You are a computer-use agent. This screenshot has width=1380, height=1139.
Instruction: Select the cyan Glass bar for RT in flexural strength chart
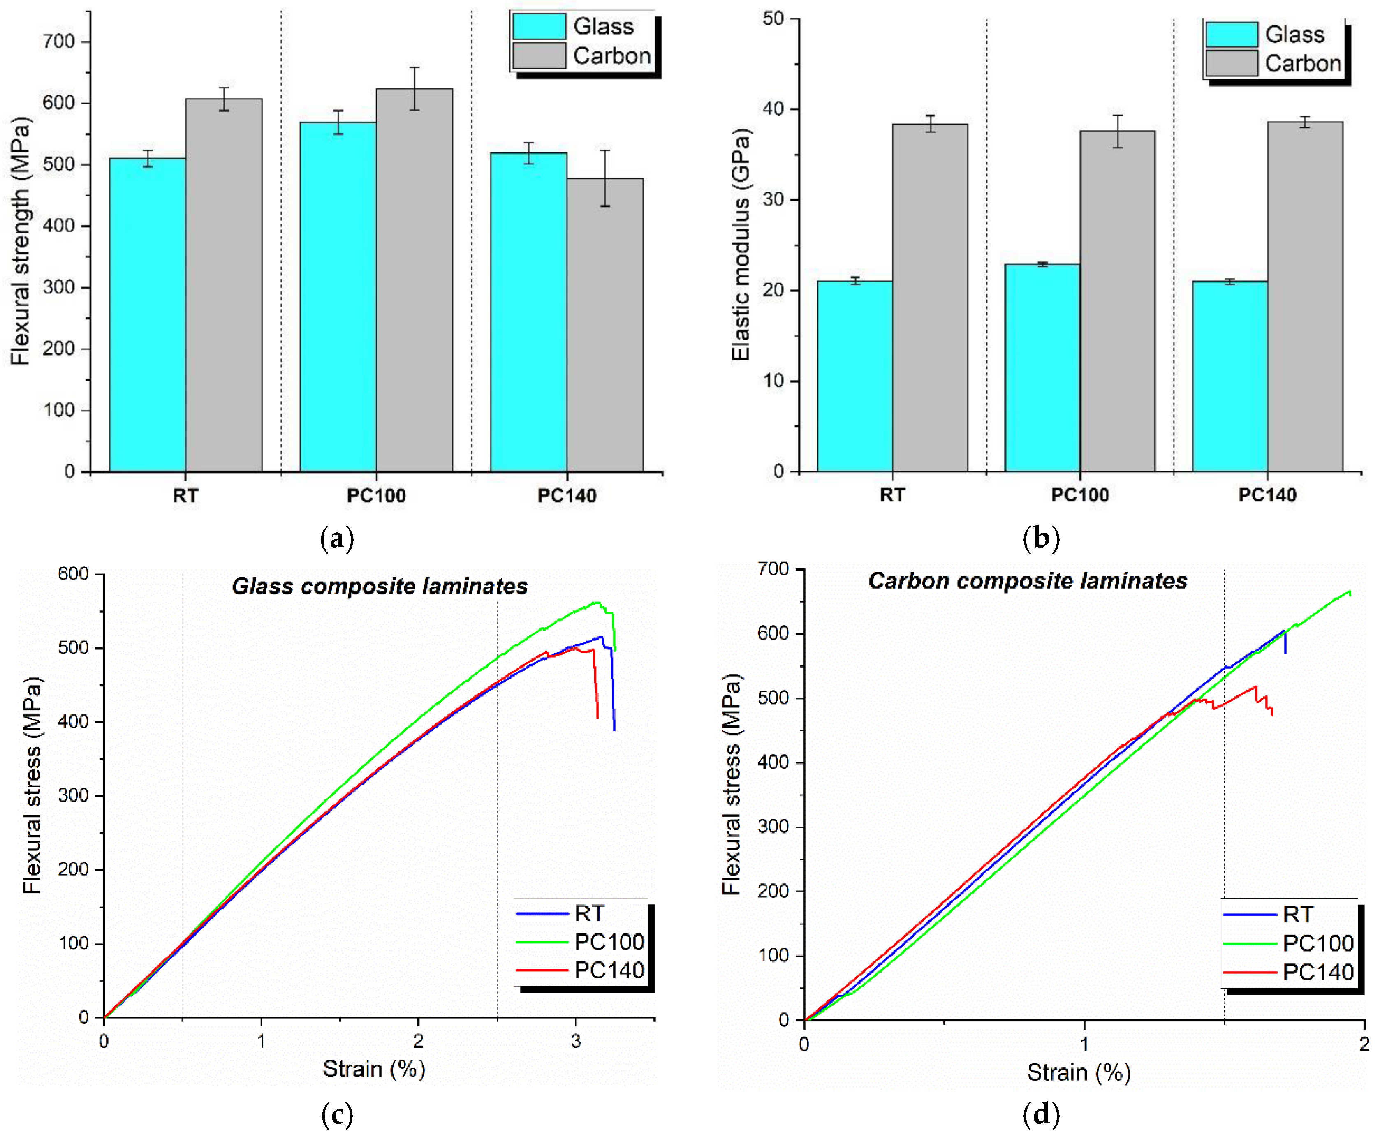point(148,315)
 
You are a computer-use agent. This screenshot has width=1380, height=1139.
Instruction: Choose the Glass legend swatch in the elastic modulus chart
point(1231,34)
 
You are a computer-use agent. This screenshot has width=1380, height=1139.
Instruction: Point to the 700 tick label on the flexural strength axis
point(59,42)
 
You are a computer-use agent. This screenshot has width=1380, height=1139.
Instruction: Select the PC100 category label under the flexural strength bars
point(376,495)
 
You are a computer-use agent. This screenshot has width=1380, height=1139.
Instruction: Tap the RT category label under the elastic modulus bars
point(892,495)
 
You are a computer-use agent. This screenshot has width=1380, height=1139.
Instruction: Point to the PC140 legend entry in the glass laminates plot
point(609,970)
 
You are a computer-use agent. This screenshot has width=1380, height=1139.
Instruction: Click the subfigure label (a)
point(337,538)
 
